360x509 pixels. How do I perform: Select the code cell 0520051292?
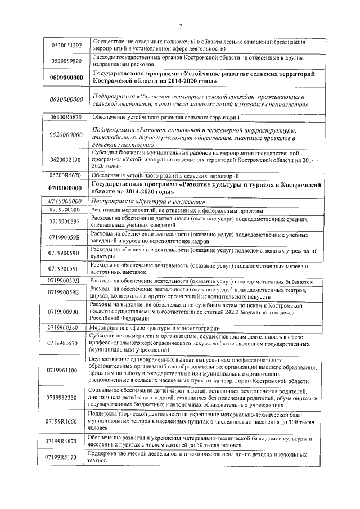(66, 45)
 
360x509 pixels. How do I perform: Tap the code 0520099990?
(66, 61)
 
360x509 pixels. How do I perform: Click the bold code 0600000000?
(66, 78)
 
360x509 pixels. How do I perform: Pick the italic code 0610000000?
(66, 100)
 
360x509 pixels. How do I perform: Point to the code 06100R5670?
(66, 117)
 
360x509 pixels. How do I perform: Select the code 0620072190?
(66, 160)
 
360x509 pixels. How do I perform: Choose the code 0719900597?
(66, 222)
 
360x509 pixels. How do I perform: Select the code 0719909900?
(66, 311)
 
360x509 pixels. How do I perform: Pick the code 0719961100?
(66, 371)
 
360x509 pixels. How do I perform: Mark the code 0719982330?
(66, 398)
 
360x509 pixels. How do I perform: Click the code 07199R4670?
(66, 442)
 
